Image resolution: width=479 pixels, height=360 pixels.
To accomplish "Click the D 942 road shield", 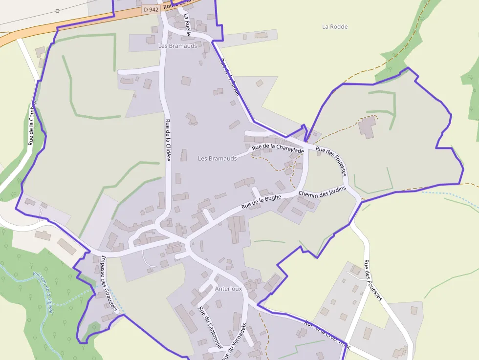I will (152, 9).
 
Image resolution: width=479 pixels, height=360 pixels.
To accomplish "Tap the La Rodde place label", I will (335, 27).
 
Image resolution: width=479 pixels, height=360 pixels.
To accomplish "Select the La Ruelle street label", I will (187, 25).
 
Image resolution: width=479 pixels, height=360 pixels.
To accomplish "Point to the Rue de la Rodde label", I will (231, 77).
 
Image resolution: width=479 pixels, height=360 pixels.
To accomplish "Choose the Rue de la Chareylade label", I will (278, 148).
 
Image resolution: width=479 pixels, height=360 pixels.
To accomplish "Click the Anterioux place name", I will (228, 289).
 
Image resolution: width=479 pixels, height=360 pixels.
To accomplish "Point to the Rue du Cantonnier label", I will (210, 327).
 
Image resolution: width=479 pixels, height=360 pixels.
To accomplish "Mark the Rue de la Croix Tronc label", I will (327, 334).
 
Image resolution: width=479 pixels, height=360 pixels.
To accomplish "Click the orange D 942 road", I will (73, 25).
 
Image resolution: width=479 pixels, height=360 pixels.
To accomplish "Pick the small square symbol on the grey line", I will (58, 10).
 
